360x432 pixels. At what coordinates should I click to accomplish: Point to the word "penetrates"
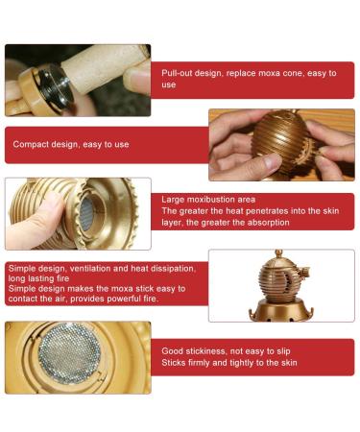(248, 210)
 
